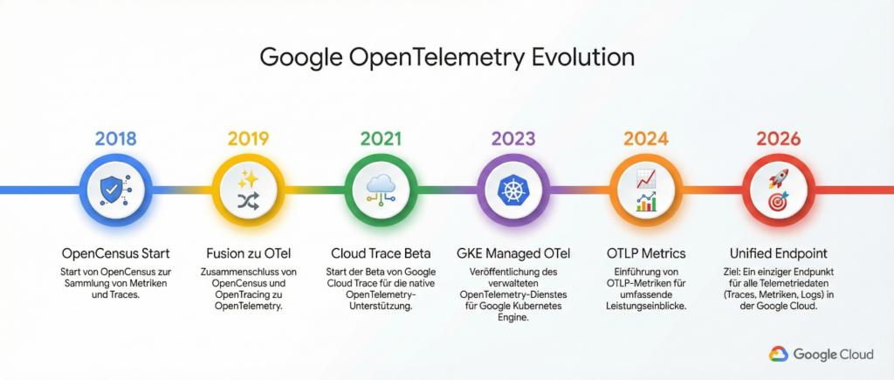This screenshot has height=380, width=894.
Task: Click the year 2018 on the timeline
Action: coord(116,139)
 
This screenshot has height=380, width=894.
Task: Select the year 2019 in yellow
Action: coord(248,139)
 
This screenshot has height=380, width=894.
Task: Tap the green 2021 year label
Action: coord(381,139)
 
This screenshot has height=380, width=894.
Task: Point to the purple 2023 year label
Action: coord(513,139)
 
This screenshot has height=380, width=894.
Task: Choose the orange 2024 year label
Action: coord(646,139)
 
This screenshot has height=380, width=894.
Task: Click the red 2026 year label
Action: coord(778,139)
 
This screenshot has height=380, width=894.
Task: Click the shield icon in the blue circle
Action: coord(109,190)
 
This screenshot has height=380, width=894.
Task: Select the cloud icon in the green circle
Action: coord(381,183)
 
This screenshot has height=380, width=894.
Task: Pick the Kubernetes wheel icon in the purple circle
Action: coord(513,190)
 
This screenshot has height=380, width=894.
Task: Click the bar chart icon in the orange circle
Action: coord(646,202)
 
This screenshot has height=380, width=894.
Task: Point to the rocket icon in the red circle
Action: coord(778,178)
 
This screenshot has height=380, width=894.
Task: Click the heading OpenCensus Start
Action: coord(116,252)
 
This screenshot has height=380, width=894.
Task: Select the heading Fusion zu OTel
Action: coord(248,252)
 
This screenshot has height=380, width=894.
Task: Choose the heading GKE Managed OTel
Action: coord(513,252)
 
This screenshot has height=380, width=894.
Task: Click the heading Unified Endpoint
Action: coord(778,252)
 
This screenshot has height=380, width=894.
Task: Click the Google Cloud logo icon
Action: coord(778,355)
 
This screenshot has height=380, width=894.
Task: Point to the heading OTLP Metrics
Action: coord(646,252)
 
